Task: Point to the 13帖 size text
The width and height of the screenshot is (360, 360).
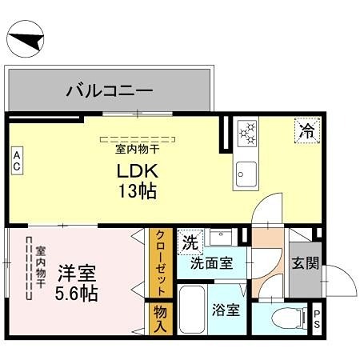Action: pos(137,192)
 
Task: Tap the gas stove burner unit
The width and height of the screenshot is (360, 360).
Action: pos(246,132)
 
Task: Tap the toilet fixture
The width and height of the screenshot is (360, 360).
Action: pos(286,318)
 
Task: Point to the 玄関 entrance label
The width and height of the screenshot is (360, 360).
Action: pos(304,262)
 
